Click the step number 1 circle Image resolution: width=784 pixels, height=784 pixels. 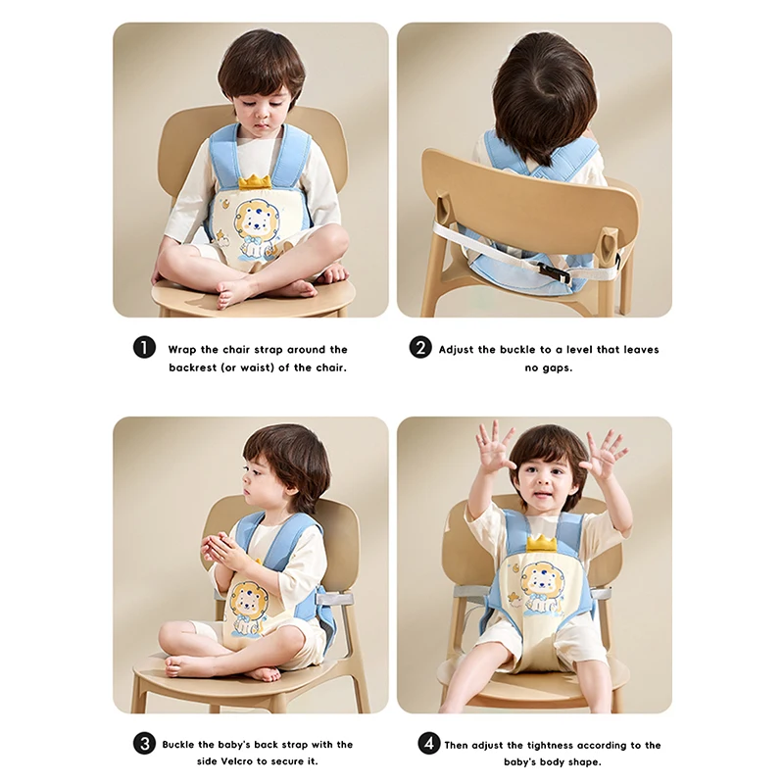pyautogui.click(x=144, y=348)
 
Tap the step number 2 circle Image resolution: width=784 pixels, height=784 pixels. pyautogui.click(x=420, y=348)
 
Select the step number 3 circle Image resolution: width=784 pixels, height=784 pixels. pyautogui.click(x=144, y=744)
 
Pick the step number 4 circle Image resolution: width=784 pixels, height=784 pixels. pyautogui.click(x=429, y=744)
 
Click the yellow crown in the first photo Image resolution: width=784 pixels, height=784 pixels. pyautogui.click(x=254, y=181)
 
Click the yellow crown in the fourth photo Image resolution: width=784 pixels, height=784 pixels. pyautogui.click(x=541, y=541)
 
